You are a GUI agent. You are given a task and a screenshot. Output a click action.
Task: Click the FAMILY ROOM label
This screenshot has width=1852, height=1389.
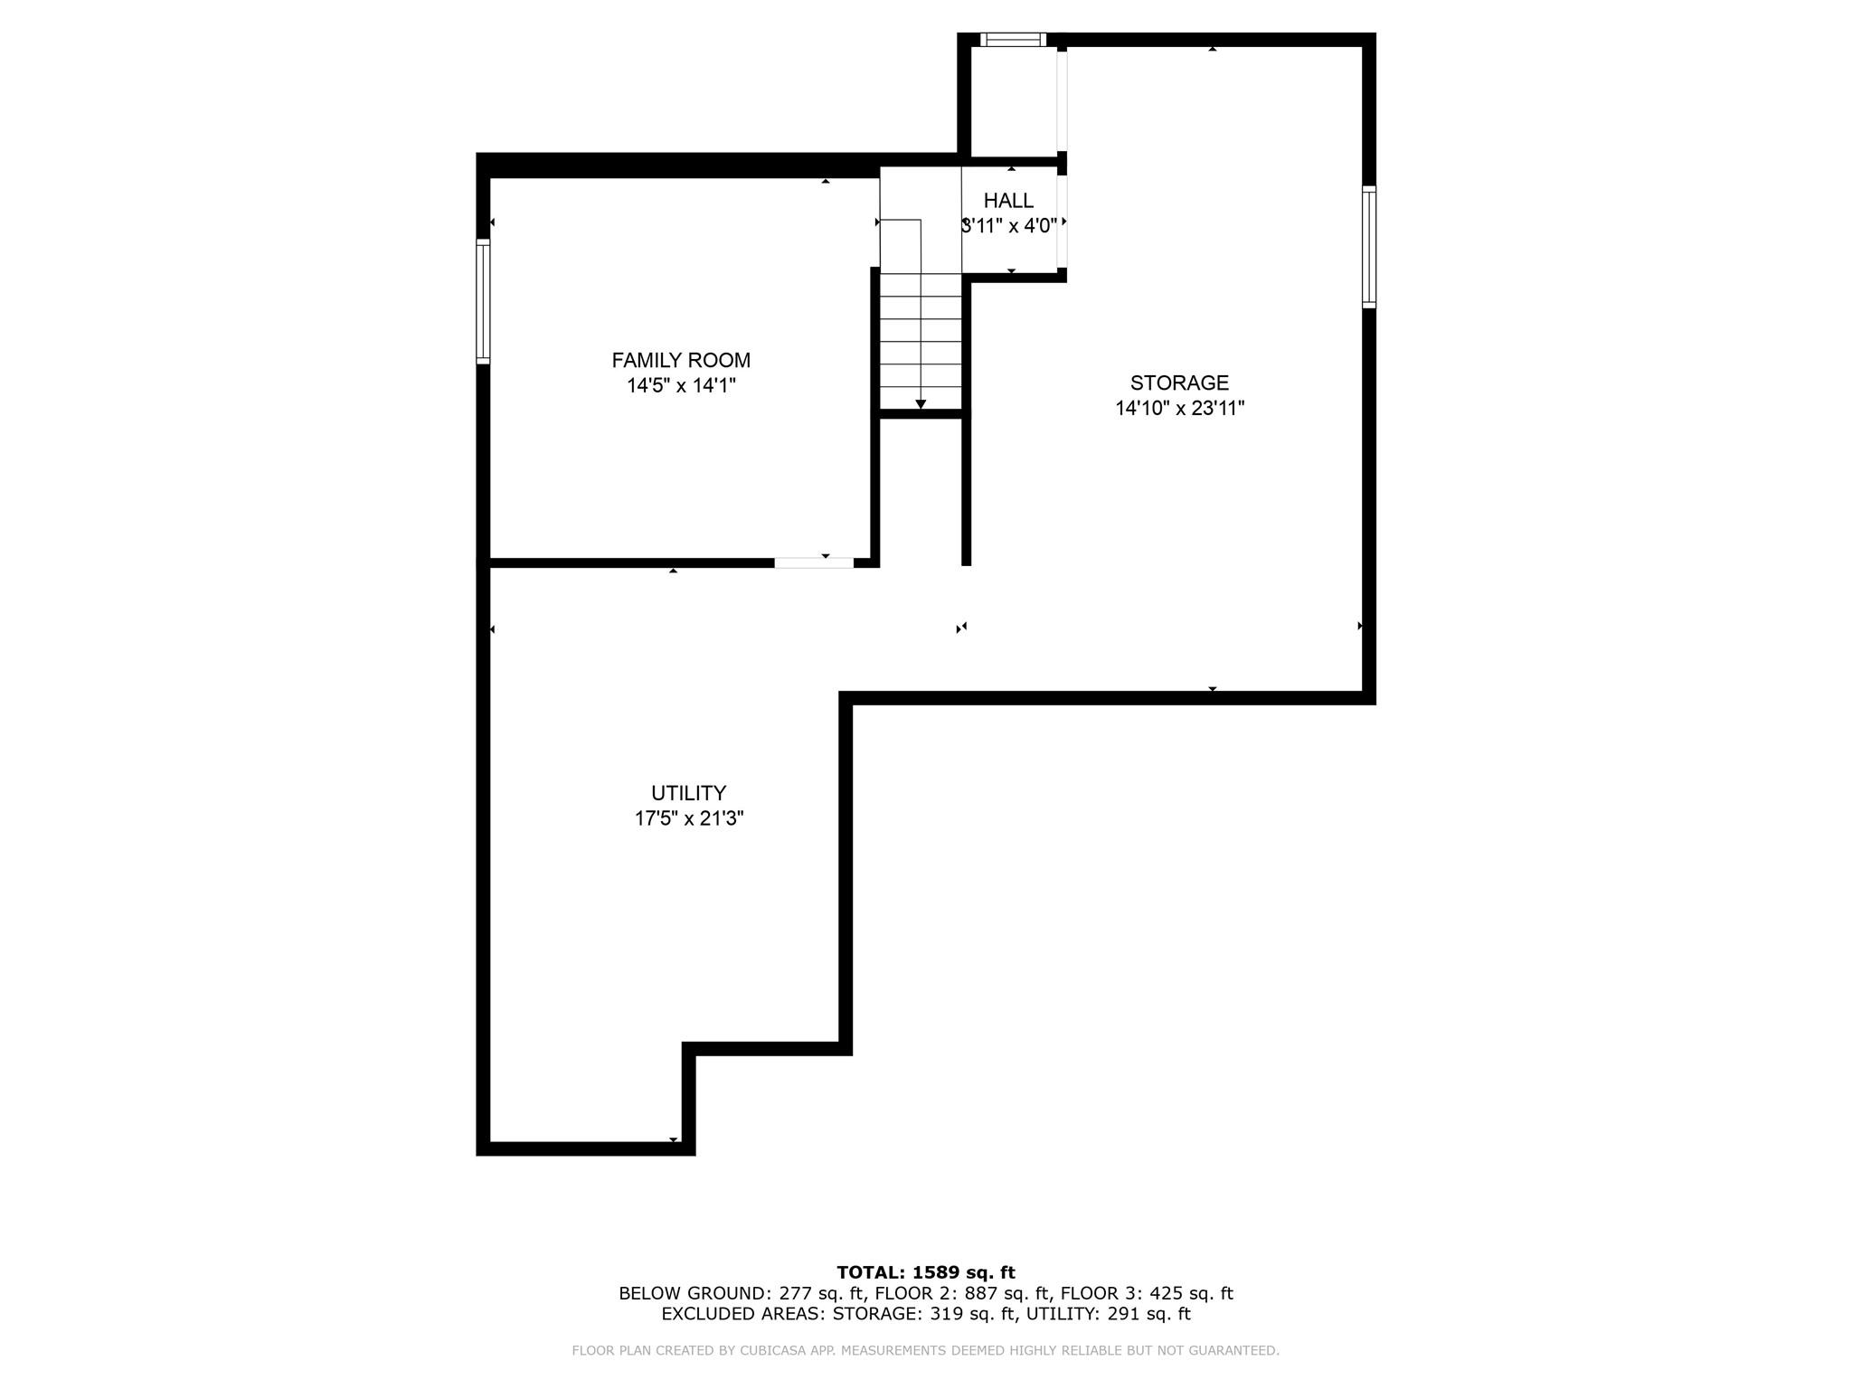[681, 360]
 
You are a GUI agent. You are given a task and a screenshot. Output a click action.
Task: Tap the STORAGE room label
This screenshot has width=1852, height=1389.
[1179, 383]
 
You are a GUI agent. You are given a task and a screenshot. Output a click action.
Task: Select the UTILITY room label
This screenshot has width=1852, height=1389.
[688, 793]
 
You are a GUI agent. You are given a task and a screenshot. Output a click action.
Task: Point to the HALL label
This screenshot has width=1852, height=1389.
[1008, 201]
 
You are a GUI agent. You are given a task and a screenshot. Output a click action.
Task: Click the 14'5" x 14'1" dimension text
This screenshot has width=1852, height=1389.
[681, 386]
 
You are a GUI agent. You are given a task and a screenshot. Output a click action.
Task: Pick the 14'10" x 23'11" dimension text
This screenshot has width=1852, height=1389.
[1179, 409]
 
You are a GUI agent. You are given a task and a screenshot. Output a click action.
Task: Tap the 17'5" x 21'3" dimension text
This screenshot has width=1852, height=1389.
[688, 819]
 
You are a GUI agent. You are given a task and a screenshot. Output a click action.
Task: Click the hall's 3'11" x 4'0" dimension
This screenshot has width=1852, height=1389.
[1009, 226]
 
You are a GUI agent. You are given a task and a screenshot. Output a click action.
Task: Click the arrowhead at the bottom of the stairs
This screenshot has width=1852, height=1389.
[921, 404]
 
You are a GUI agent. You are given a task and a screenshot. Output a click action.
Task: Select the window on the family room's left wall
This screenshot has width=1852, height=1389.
[483, 302]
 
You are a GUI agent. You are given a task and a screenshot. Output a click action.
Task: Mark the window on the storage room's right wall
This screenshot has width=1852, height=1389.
[1369, 247]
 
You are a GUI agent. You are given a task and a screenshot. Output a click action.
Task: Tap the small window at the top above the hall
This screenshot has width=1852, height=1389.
[1013, 40]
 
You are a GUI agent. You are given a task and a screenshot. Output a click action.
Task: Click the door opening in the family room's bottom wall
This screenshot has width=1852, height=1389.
[813, 562]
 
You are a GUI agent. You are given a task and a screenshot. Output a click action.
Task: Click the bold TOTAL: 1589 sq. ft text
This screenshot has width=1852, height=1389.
[926, 1272]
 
